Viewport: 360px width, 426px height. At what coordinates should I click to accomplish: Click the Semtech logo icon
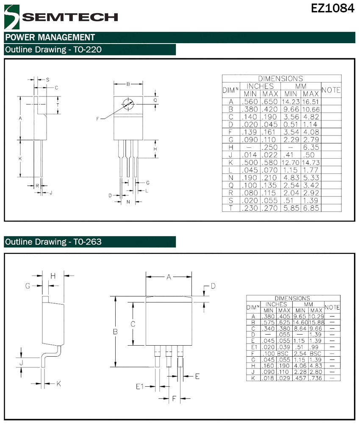point(12,17)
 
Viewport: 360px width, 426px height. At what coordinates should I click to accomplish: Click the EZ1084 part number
point(332,8)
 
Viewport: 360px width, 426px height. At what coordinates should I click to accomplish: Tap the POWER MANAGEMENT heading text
point(50,37)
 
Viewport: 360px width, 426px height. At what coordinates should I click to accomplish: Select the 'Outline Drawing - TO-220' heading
point(53,49)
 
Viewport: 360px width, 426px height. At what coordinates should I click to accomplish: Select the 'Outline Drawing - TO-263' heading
point(53,242)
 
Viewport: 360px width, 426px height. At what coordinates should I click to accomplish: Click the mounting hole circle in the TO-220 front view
point(128,104)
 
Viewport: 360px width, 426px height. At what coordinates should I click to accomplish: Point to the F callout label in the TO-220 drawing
point(97,119)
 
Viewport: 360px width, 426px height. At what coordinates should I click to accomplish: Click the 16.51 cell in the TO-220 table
point(310,102)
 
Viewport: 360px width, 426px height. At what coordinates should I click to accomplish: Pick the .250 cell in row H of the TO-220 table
point(270,147)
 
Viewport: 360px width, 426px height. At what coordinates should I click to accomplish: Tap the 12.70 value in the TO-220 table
point(291,162)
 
